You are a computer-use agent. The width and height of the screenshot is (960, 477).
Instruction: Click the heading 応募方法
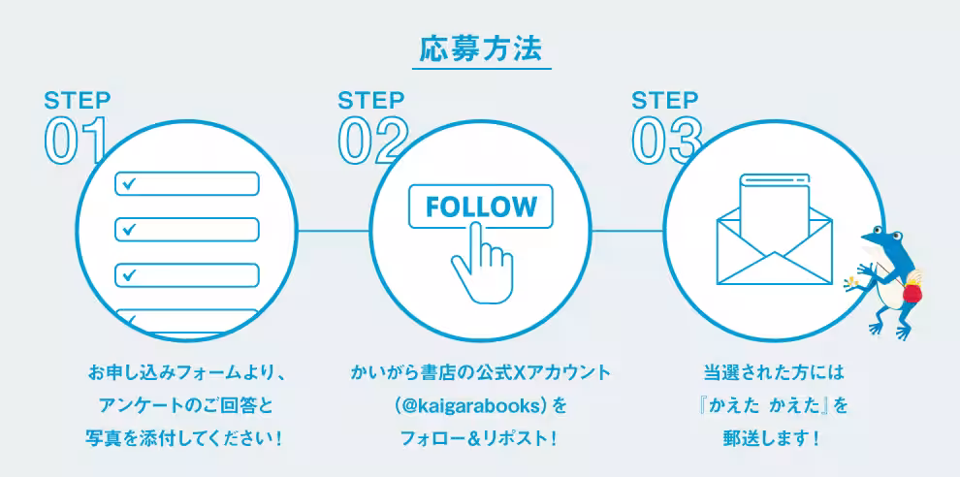(481, 49)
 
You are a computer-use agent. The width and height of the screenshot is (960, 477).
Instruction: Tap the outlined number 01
(76, 141)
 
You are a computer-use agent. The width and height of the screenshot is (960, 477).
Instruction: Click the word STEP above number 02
(371, 100)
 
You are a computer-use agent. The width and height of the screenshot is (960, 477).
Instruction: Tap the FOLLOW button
(481, 207)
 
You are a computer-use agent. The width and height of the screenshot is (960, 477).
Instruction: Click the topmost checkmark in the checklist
(129, 183)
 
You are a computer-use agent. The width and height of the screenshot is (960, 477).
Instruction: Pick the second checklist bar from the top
(187, 229)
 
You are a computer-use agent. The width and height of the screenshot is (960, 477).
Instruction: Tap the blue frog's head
(882, 238)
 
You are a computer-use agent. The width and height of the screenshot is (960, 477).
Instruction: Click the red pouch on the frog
(912, 292)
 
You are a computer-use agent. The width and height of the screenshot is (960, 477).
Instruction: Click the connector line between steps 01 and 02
(334, 231)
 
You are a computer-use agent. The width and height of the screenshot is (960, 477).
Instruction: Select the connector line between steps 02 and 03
(627, 231)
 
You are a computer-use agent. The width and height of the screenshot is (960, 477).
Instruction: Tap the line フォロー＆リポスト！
(481, 439)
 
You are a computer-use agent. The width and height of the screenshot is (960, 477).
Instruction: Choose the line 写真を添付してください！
(186, 439)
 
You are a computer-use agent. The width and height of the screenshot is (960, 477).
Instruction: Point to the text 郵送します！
(774, 439)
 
